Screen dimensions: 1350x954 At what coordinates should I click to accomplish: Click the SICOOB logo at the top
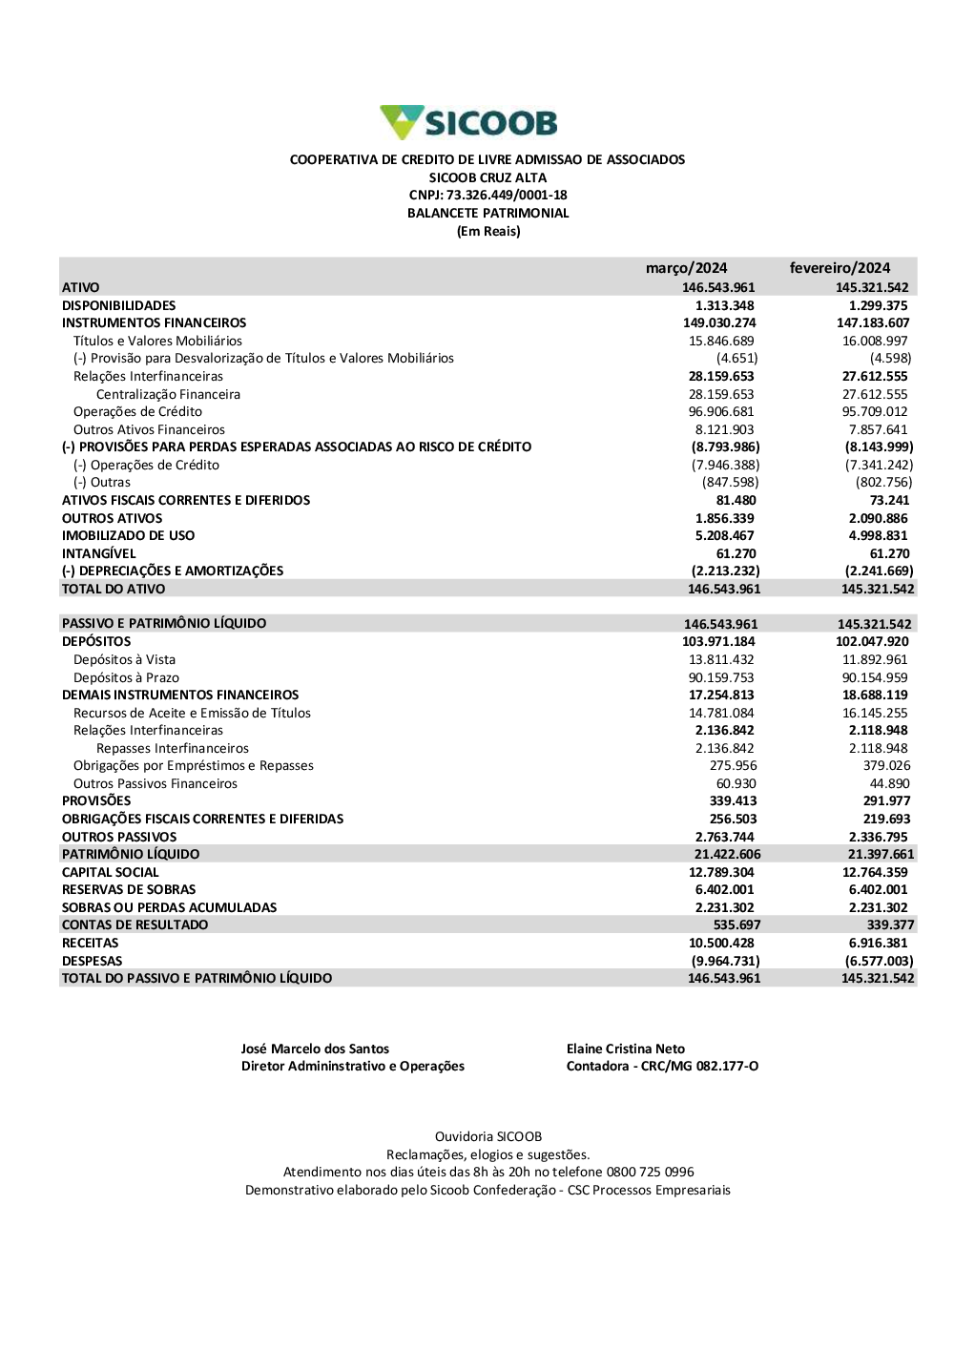[468, 122]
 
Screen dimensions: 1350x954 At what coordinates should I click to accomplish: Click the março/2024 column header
[686, 268]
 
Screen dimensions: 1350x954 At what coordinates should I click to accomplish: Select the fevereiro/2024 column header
[840, 268]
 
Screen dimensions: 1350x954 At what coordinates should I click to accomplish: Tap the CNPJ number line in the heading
[487, 196]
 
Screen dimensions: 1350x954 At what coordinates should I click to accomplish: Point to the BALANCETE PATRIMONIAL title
[487, 214]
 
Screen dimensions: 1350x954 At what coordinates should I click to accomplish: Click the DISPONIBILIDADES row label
[118, 305]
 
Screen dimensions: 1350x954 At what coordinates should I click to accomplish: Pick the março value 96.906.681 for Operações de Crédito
[721, 412]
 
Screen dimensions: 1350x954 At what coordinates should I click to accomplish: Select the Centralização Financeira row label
[168, 394]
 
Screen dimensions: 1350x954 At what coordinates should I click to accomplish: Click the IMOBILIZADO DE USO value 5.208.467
[724, 536]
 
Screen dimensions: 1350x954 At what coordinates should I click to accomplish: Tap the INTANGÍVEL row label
[98, 553]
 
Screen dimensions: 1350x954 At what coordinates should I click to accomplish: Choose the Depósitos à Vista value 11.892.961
[875, 659]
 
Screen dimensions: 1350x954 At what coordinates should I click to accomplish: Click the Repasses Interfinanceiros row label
[172, 749]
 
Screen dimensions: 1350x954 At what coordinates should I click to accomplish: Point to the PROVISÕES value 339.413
[733, 801]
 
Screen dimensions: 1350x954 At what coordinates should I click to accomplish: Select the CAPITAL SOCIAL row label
[110, 872]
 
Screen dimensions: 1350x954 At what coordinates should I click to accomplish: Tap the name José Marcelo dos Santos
[315, 1049]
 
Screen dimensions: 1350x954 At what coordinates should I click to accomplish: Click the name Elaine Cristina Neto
[625, 1049]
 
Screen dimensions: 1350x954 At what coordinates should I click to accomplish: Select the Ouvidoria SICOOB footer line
[487, 1137]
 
